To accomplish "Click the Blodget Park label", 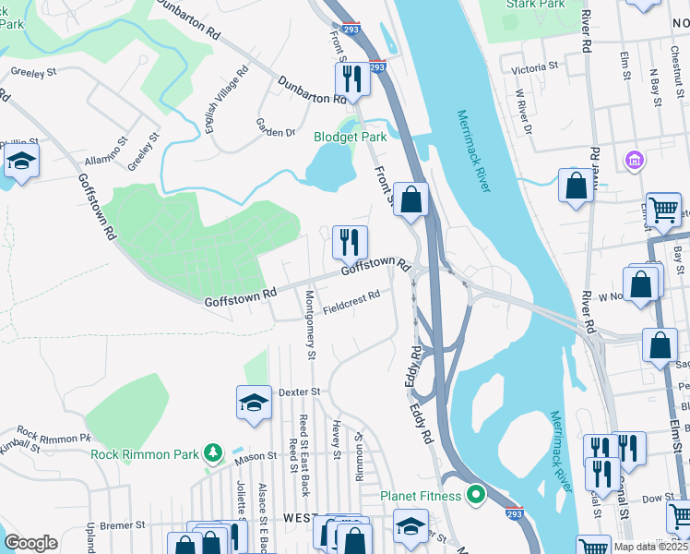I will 350,137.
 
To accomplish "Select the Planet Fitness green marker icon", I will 476,496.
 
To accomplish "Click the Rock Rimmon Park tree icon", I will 214,453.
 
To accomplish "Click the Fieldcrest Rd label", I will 351,301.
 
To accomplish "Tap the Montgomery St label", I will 311,324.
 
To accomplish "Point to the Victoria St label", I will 536,67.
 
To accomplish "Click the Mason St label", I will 255,456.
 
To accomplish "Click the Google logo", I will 30,543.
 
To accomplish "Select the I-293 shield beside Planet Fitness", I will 515,512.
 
